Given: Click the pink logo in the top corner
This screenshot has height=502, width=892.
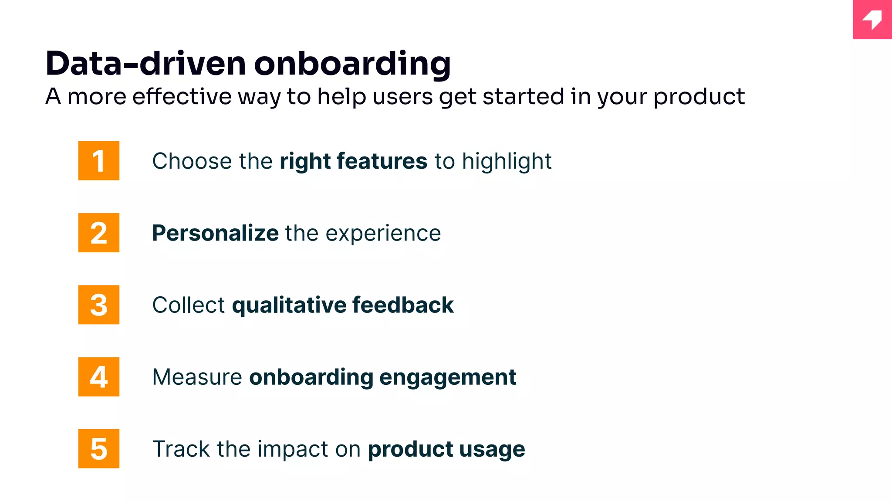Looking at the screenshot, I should [x=872, y=20].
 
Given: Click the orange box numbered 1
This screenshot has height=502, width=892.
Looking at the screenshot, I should [x=99, y=160].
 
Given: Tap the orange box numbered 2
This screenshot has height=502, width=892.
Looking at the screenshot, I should [x=99, y=233].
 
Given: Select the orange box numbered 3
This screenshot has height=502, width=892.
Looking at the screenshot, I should [x=99, y=305].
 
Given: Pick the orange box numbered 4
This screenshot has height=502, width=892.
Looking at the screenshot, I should [x=99, y=376].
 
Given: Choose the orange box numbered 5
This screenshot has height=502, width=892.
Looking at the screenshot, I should [x=99, y=448].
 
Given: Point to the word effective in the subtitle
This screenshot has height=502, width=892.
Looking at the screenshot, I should [x=182, y=96].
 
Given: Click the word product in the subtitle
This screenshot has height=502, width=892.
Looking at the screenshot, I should [x=699, y=97].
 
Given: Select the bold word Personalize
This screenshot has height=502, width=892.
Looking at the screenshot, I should [x=215, y=233].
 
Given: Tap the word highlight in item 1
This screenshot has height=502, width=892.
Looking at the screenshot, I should [x=507, y=162].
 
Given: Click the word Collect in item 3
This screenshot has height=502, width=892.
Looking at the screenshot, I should [x=188, y=305].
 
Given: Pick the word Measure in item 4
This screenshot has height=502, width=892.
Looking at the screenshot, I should [x=197, y=377].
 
